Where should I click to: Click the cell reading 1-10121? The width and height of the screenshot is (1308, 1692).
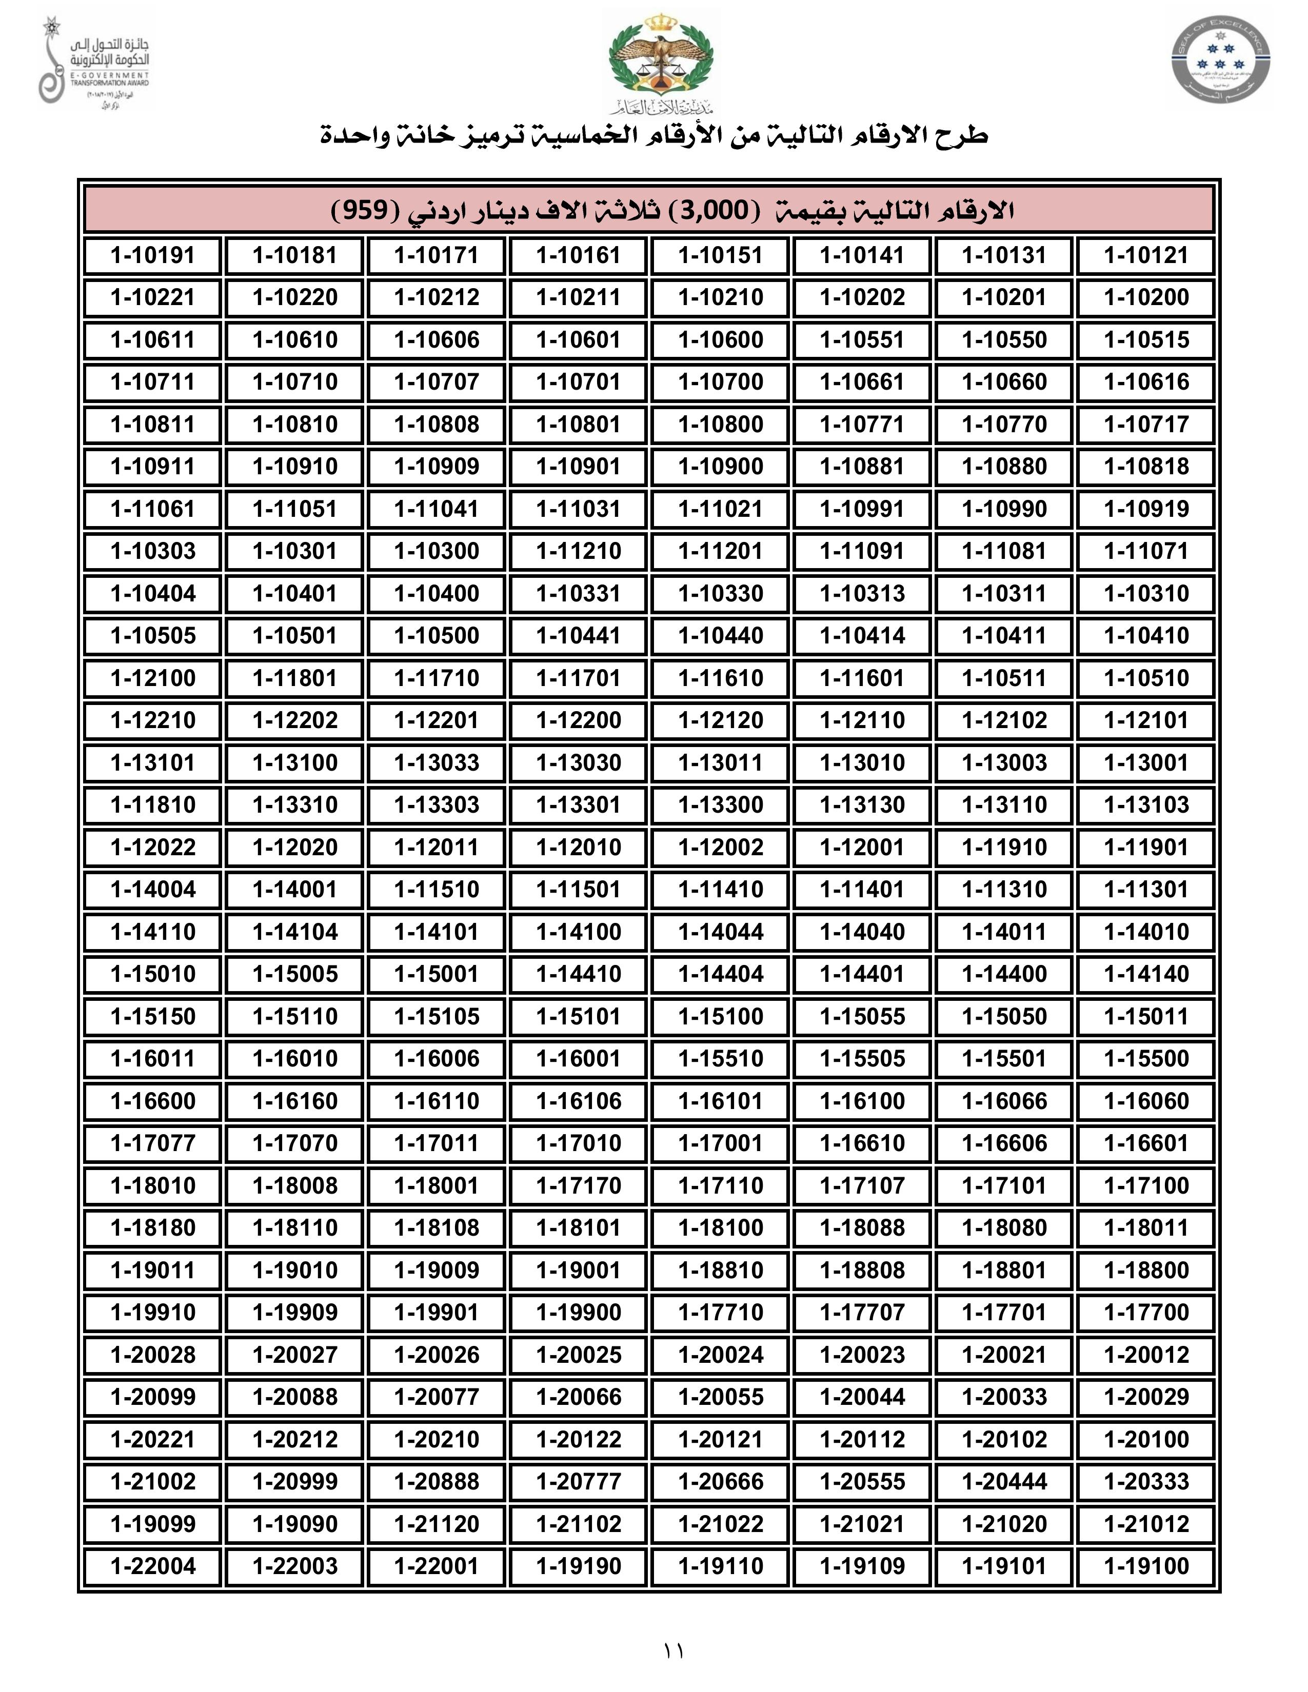1145,256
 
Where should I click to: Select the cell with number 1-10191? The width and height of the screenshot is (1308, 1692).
153,256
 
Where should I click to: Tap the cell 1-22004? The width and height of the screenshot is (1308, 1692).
153,1566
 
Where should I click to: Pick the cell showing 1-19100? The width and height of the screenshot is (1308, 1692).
1145,1566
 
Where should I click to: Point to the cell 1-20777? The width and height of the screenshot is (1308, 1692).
579,1481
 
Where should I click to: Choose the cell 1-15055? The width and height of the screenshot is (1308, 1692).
862,1016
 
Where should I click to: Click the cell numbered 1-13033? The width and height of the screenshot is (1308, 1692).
437,762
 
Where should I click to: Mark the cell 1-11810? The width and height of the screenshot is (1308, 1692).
153,805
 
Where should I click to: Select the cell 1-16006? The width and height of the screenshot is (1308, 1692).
437,1058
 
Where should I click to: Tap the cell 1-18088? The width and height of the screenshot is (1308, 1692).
862,1228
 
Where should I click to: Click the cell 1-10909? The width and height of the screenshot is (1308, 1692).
437,467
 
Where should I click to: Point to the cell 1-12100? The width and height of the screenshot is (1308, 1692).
153,678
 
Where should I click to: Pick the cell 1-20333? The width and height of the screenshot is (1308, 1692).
1145,1481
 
